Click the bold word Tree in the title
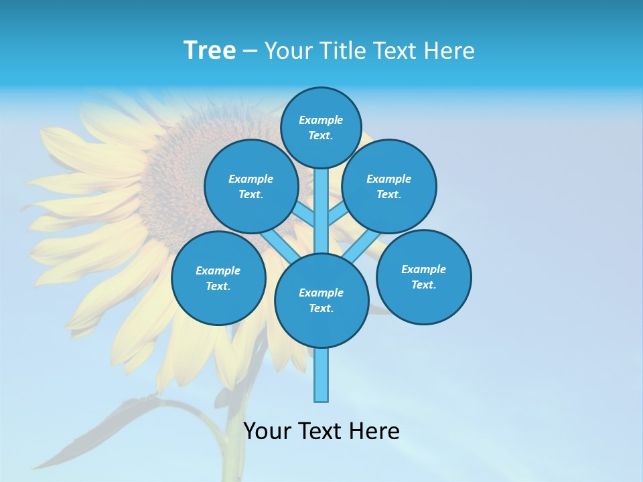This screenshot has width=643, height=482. tap(210, 50)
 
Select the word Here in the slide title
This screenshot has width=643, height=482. tap(449, 50)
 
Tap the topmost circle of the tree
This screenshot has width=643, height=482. tap(321, 127)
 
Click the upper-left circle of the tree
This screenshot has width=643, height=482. tap(251, 187)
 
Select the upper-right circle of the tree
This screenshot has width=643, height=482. tap(389, 187)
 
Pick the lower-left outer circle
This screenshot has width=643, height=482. tap(218, 278)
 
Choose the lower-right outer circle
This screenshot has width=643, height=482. tap(424, 277)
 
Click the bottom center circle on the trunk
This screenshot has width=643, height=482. tap(321, 301)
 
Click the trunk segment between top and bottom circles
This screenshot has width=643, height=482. tap(321, 211)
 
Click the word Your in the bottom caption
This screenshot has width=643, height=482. tap(267, 430)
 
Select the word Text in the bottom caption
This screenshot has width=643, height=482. tap(321, 430)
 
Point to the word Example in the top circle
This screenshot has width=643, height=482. tap(321, 120)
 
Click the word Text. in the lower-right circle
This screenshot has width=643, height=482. tap(423, 285)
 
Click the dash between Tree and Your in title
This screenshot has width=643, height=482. tap(251, 51)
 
